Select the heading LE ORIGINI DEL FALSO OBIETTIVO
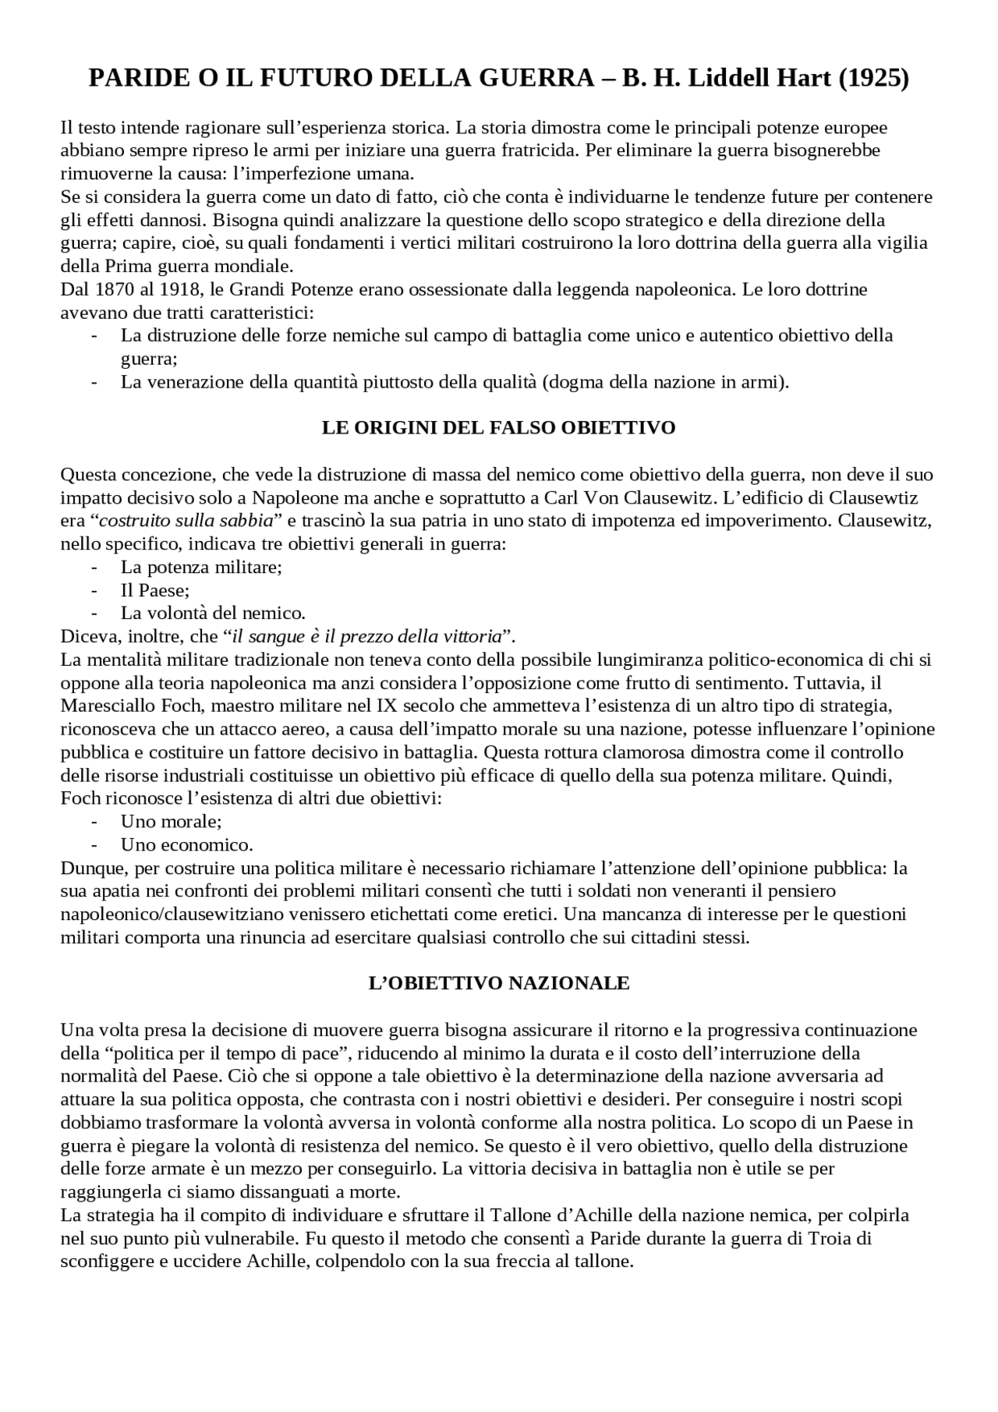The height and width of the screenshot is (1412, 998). point(498,428)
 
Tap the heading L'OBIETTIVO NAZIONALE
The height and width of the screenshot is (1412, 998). point(498,984)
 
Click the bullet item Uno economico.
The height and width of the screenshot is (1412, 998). point(186,845)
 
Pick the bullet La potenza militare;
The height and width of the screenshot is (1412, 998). point(201,568)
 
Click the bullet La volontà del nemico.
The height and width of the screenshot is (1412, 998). point(213,614)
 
